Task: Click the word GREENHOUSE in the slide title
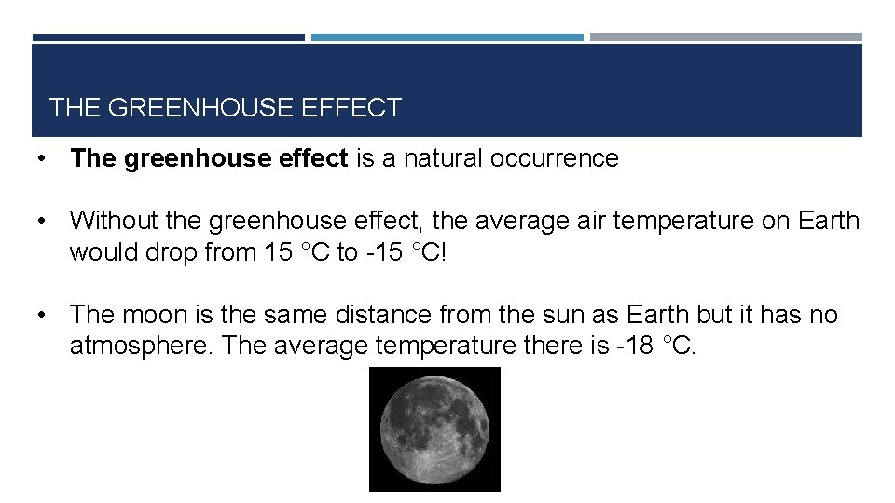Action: (x=201, y=108)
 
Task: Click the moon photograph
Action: (x=434, y=428)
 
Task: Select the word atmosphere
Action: (x=142, y=347)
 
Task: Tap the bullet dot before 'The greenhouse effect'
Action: (x=42, y=158)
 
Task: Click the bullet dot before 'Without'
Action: (x=42, y=221)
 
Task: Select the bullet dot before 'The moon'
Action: (x=42, y=315)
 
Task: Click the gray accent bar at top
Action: (x=725, y=37)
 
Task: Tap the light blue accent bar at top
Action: (x=447, y=37)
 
